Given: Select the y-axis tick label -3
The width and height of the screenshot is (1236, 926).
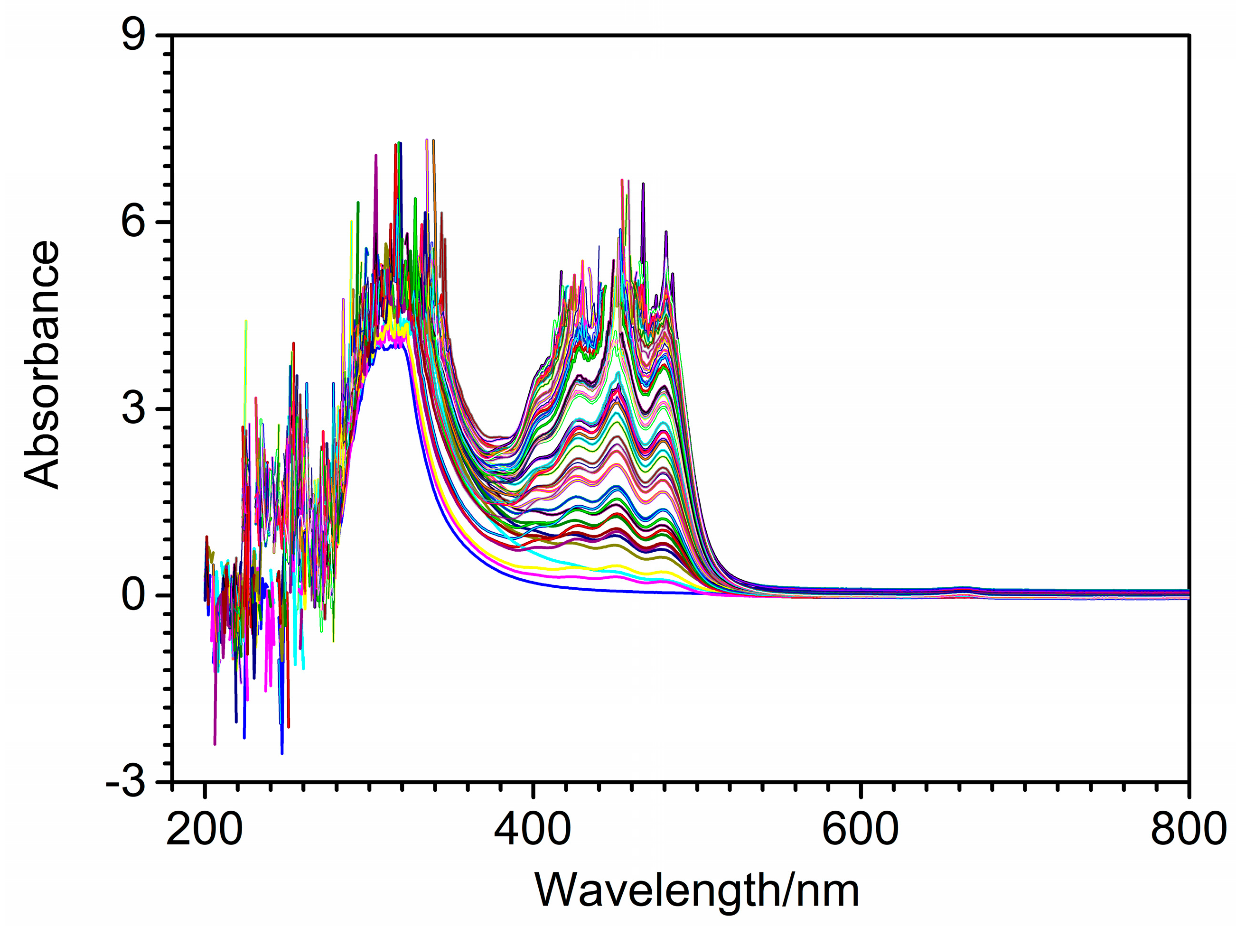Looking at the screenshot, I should click(126, 782).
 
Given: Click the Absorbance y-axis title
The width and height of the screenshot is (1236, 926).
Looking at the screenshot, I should click(42, 364).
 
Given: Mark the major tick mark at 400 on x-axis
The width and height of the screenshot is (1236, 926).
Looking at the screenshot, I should click(534, 789).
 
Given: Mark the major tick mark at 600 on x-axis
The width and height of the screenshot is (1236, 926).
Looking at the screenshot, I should click(861, 789).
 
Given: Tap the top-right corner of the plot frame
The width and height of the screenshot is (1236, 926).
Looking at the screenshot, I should click(1189, 35).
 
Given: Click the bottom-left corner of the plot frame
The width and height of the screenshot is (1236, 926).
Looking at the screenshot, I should click(172, 782).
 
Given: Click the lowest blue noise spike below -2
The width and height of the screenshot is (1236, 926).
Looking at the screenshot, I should click(282, 753).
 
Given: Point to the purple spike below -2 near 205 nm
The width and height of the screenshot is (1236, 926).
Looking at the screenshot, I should click(215, 743).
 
